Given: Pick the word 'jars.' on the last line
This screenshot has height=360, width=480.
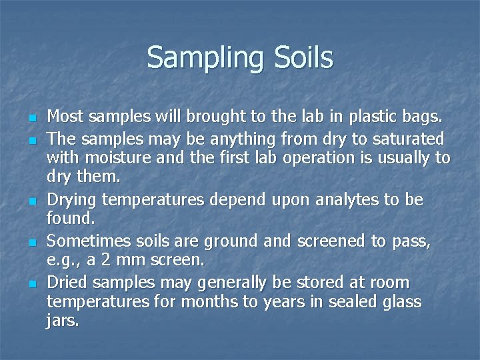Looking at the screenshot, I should click(x=63, y=321).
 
